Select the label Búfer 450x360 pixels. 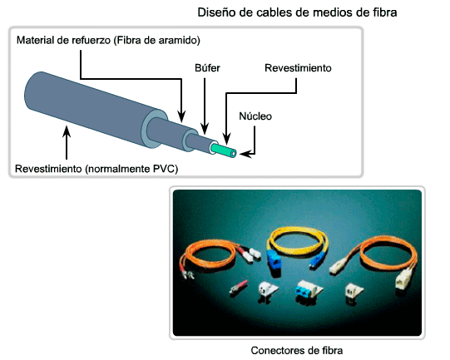[x=207, y=68]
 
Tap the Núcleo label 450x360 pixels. [x=255, y=116]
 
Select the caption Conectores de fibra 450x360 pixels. [x=297, y=350]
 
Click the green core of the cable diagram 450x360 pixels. [x=224, y=150]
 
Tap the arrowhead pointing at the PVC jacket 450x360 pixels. [x=67, y=132]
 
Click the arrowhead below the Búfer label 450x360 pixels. [x=205, y=129]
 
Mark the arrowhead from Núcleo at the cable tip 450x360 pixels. [x=245, y=154]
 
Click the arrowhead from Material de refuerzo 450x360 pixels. [x=181, y=117]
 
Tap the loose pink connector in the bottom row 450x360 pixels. [x=238, y=286]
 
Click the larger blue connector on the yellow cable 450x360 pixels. [x=274, y=259]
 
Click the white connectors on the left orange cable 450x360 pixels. [x=251, y=254]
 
